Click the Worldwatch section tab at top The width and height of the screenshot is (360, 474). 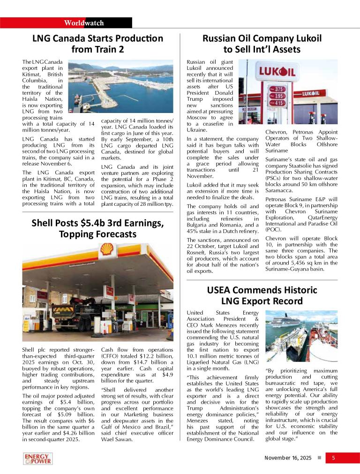84,23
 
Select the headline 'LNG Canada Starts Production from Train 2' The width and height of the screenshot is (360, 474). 97,44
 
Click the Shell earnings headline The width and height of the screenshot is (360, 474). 97,228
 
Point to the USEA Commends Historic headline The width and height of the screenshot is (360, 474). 262,295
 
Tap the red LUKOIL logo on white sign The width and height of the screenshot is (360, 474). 277,72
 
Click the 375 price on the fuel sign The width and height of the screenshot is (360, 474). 280,89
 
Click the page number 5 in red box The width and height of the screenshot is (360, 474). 333,458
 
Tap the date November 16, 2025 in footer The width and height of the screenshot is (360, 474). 288,458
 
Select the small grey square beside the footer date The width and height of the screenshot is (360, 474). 319,458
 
